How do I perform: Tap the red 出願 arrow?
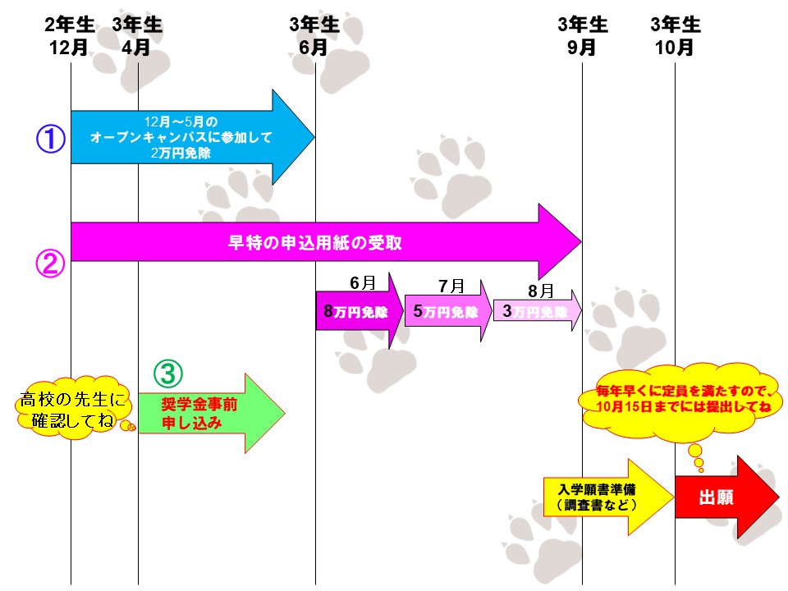pos(722,497)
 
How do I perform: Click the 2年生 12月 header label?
pos(69,36)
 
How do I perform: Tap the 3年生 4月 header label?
pos(136,36)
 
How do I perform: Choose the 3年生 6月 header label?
pos(314,36)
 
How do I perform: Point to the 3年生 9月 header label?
pos(582,36)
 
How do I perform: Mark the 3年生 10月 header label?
pos(675,36)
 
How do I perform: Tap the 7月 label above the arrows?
pos(451,286)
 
